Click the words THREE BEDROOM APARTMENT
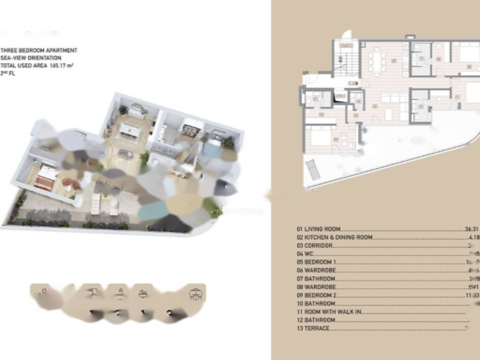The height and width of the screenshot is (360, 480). pyautogui.click(x=39, y=50)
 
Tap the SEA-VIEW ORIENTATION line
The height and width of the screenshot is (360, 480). pyautogui.click(x=31, y=58)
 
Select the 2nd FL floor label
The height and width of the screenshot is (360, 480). pyautogui.click(x=8, y=74)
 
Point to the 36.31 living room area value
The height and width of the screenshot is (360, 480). pyautogui.click(x=471, y=229)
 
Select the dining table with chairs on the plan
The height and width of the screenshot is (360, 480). pyautogui.click(x=377, y=61)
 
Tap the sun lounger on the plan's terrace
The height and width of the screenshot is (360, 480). pyautogui.click(x=313, y=169)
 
